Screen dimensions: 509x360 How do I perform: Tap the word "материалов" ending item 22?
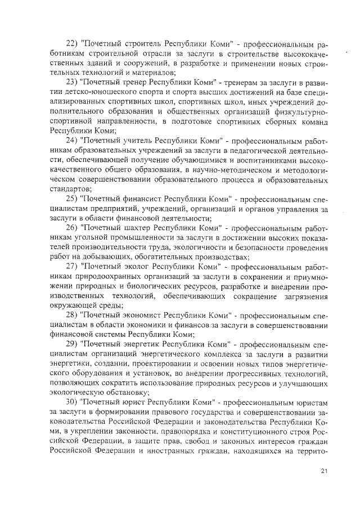click(x=152, y=72)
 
